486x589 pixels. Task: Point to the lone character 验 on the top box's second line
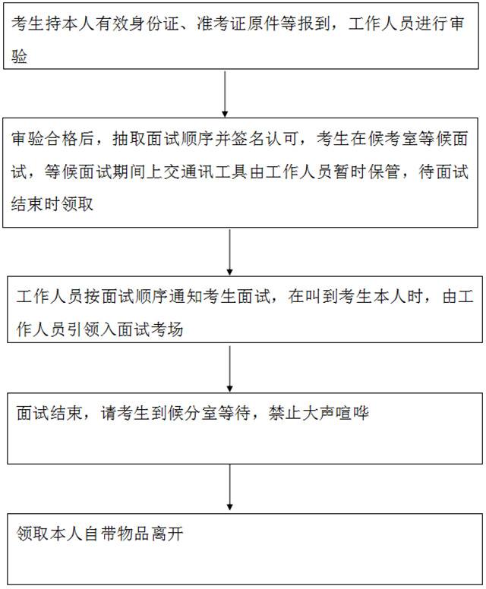pos(20,57)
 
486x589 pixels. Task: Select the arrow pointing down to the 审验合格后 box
pos(225,94)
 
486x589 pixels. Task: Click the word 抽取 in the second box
pos(129,139)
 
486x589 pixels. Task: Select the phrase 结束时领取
pos(52,204)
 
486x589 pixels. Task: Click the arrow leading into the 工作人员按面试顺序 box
pos(229,253)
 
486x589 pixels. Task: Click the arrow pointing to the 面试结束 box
pos(229,369)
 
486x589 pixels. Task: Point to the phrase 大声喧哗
pos(336,413)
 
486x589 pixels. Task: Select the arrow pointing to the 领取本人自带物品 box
pos(229,487)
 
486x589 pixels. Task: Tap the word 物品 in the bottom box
pos(134,534)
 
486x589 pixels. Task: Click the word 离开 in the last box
pos(167,534)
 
